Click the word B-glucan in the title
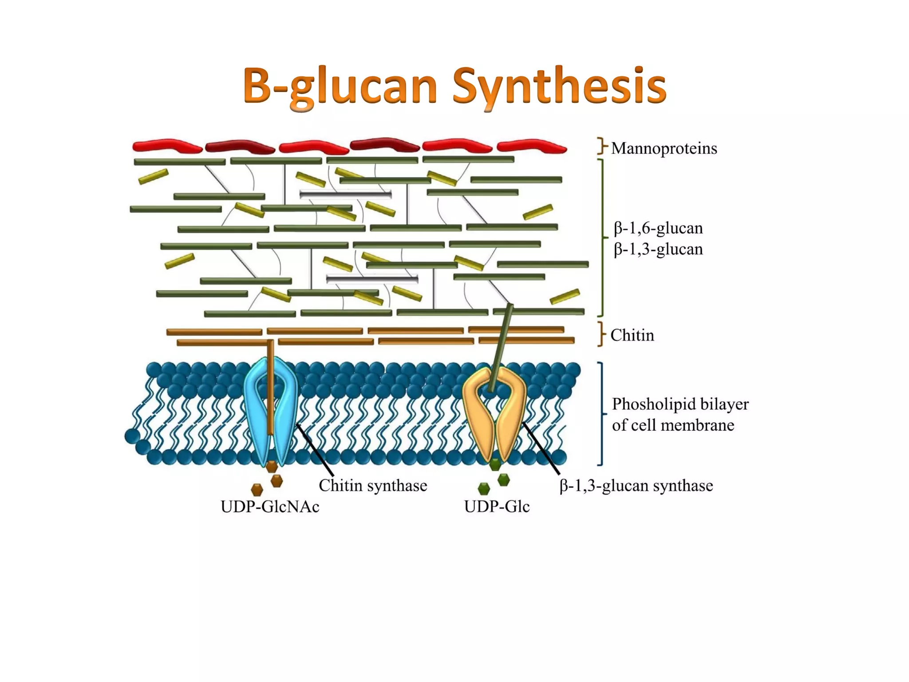point(340,86)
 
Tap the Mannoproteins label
point(664,148)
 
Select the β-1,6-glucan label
point(658,228)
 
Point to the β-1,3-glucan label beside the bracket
point(658,249)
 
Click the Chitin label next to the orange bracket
point(632,335)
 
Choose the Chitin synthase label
point(373,485)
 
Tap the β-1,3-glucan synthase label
point(636,486)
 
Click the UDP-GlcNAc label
point(270,506)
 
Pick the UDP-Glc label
point(497,506)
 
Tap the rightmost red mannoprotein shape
point(531,146)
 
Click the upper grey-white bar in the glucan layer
point(345,194)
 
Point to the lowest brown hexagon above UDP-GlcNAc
point(257,490)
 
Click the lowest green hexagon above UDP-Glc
point(484,489)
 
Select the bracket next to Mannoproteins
point(602,146)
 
